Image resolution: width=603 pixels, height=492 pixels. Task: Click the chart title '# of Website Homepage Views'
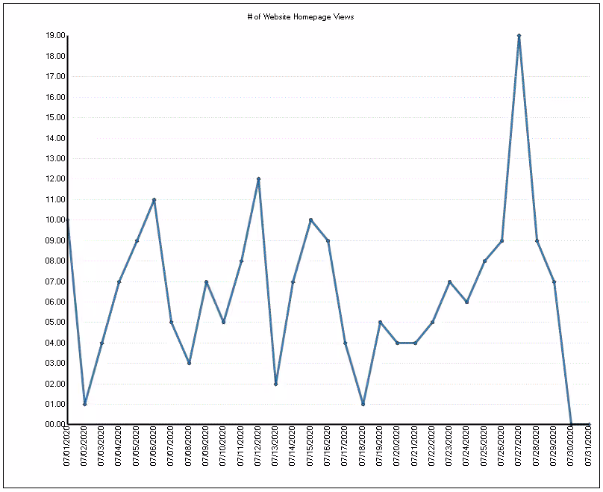coord(301,17)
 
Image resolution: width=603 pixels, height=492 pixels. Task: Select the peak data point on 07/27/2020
coord(519,35)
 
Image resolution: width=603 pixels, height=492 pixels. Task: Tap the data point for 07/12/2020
coord(258,179)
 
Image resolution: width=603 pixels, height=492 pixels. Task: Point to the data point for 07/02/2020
coord(84,404)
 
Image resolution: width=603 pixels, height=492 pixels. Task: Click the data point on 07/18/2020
coord(363,404)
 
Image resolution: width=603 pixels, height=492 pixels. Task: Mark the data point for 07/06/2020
coord(154,199)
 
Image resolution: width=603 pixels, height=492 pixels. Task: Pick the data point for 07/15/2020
coord(310,220)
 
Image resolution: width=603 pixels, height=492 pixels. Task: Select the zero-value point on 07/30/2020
coord(572,424)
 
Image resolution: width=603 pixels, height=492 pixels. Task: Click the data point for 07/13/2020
coord(275,384)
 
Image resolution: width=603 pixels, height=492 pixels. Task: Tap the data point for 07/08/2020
coord(190,363)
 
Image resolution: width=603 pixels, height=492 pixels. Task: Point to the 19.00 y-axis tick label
coord(55,35)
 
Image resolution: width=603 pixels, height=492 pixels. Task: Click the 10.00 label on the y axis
coord(55,220)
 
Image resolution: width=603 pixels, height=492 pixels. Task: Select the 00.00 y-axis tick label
coord(55,424)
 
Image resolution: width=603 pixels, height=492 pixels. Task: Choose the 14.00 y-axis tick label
coord(55,138)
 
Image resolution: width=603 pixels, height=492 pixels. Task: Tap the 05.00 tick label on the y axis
coord(55,322)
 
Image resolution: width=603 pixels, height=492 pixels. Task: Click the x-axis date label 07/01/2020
coord(67,446)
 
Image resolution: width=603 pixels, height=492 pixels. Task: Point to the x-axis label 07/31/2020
coord(588,446)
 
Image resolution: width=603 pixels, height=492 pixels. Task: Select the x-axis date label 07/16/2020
coord(328,446)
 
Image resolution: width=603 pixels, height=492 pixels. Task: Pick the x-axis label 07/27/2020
coord(519,446)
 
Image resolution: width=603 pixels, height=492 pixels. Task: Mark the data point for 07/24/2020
coord(467,302)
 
